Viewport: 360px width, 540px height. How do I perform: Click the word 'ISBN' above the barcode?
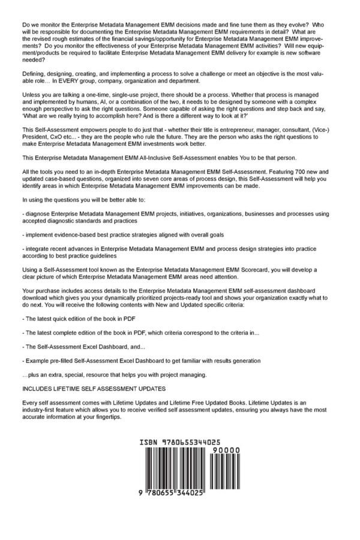(148, 440)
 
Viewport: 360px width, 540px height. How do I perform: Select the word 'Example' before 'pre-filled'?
(38, 361)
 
